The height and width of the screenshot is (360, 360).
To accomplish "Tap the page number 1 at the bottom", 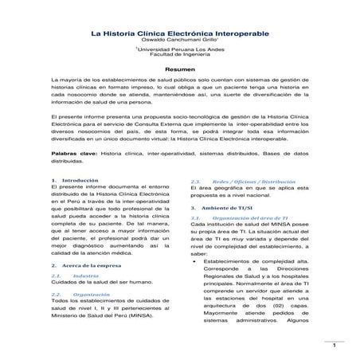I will (x=336, y=346).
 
